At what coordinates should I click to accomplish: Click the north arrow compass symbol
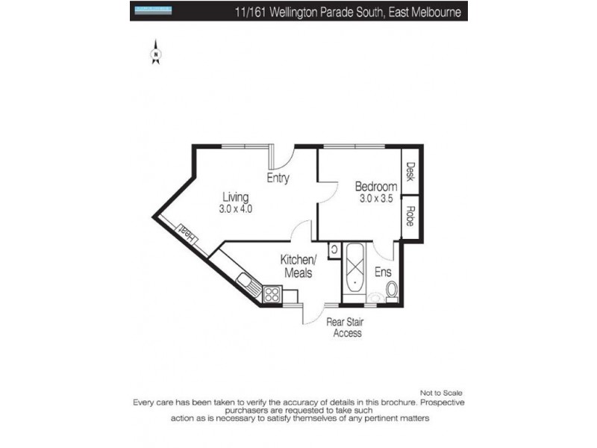point(156,53)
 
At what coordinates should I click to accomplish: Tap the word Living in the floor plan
point(234,197)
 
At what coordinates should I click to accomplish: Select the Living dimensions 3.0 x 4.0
point(236,209)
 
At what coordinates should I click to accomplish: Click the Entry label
point(278,178)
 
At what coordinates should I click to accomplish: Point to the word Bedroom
point(375,187)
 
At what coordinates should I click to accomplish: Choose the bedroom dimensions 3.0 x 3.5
point(375,199)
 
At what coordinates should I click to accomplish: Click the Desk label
point(410,172)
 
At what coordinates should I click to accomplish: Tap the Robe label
point(410,217)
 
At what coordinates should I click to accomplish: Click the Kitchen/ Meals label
point(298,267)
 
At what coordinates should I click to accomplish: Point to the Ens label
point(383,272)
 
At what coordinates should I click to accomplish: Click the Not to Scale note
point(442,393)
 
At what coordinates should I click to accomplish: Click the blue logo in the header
point(151,10)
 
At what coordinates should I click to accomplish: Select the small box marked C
point(334,249)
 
